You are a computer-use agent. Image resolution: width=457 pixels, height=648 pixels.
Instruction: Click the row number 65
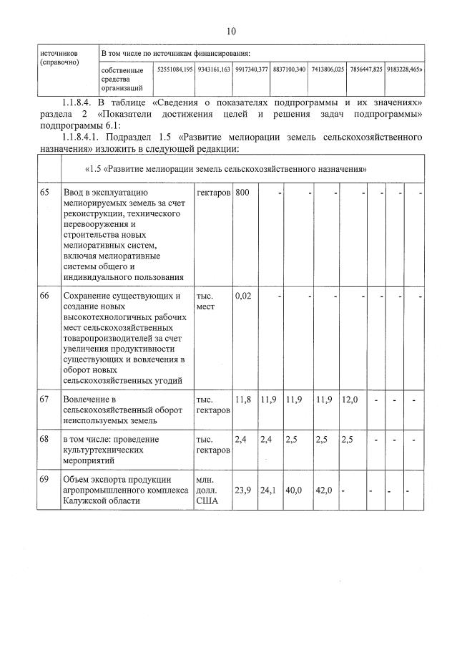(x=46, y=193)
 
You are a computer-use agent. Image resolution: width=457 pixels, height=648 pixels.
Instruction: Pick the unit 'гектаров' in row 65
(x=212, y=193)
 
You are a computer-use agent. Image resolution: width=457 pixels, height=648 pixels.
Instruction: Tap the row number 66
(x=46, y=296)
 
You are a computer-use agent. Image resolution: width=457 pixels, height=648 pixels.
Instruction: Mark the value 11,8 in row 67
(x=243, y=399)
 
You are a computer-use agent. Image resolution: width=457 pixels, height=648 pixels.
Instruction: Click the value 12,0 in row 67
(x=350, y=399)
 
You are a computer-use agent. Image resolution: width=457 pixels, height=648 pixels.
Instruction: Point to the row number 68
(x=46, y=439)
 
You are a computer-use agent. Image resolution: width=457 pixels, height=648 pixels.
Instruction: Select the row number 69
(x=46, y=479)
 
